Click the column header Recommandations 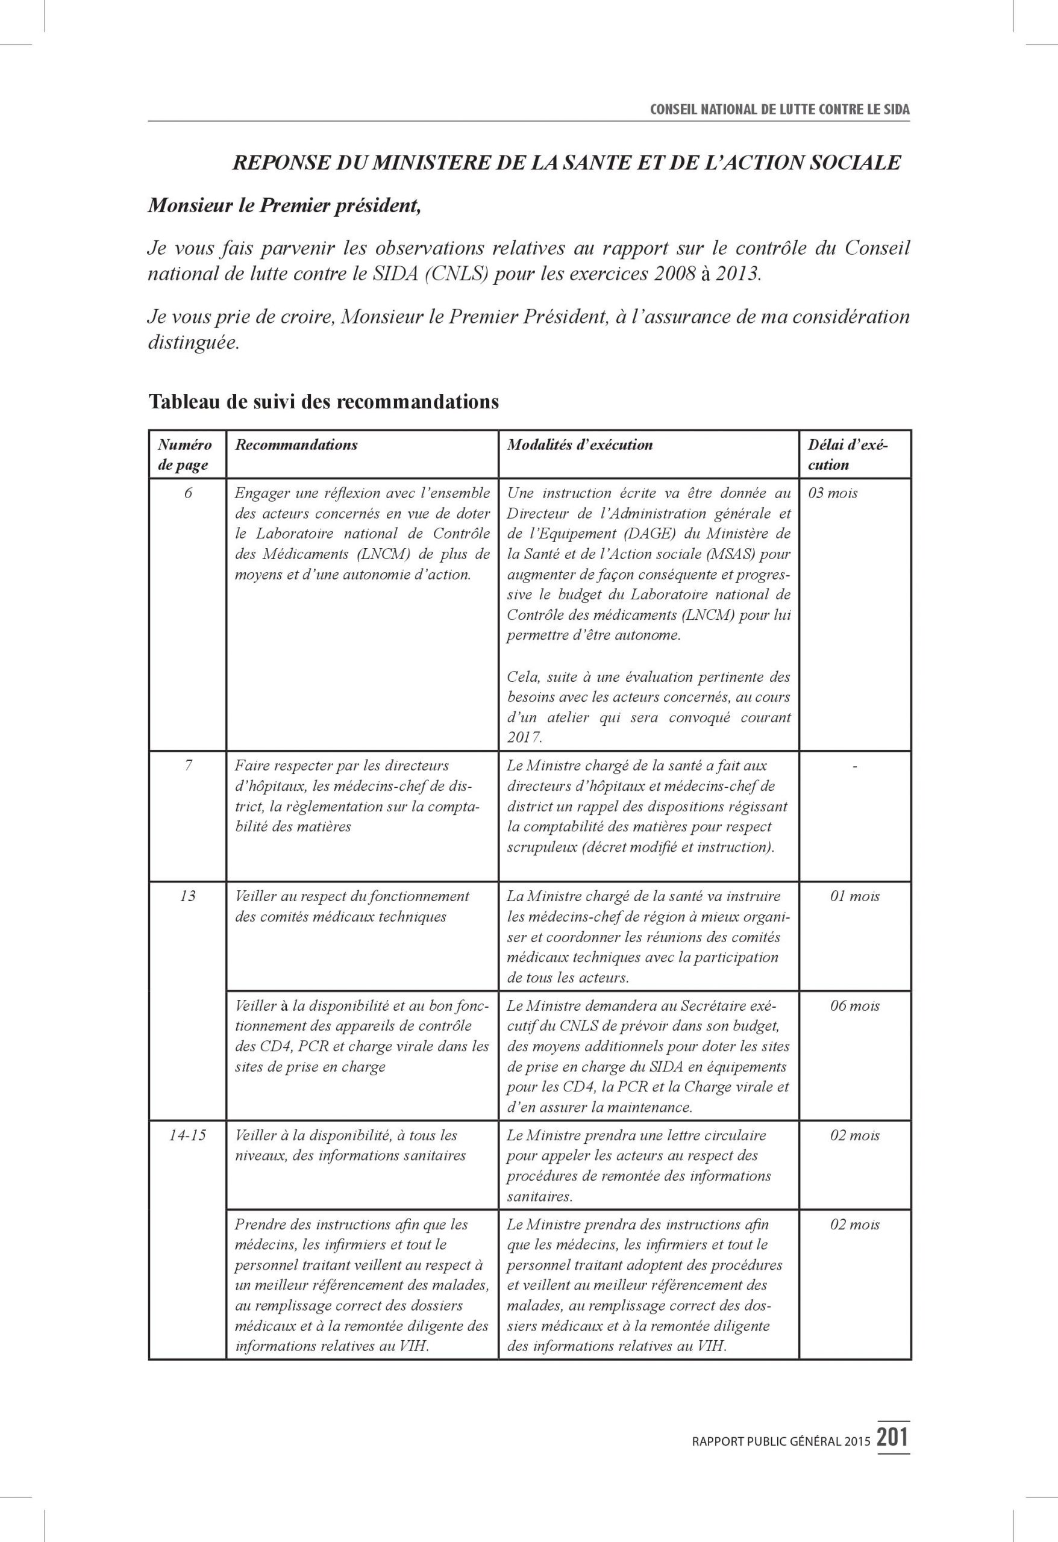pos(296,445)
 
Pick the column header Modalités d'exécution pos(580,445)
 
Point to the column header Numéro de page pos(185,455)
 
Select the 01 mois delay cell pos(854,896)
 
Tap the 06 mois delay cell pos(854,1006)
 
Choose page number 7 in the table pos(188,766)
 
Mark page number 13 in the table pos(188,896)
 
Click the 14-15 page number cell pos(188,1135)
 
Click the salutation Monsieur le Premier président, pos(284,205)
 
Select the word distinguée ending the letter pos(192,343)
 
